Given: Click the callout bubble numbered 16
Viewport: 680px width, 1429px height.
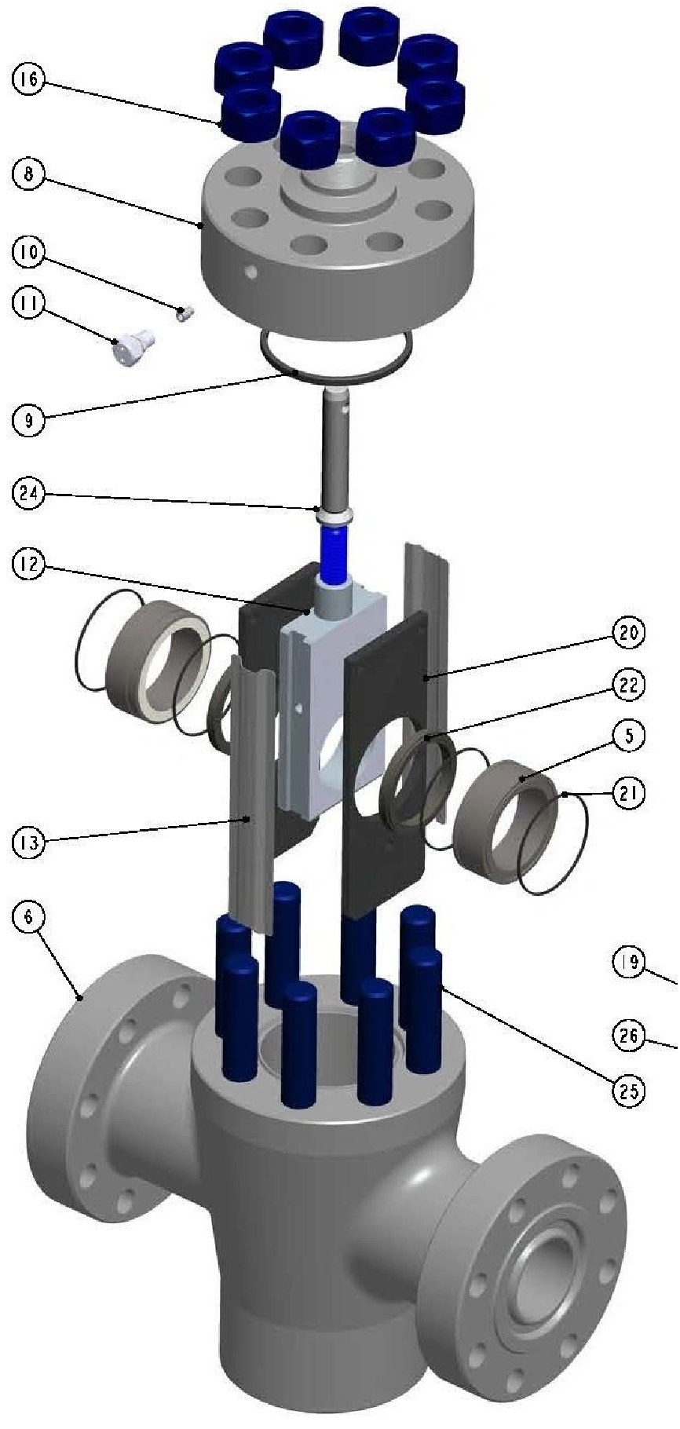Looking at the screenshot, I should pyautogui.click(x=29, y=79).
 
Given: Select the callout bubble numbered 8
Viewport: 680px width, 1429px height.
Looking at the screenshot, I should pyautogui.click(x=29, y=174).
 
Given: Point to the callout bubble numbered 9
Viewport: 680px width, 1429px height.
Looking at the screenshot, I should pyautogui.click(x=29, y=420).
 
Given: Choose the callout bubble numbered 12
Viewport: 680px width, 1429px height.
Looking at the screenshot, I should pyautogui.click(x=29, y=566).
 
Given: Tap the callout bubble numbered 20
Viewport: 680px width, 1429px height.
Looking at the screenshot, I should pyautogui.click(x=628, y=633).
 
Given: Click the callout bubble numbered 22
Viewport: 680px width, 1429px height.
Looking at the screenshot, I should pyautogui.click(x=628, y=685).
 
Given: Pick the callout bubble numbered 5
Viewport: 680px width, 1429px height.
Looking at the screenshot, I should pyautogui.click(x=628, y=736).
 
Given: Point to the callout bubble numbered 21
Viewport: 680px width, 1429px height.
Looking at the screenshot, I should pyautogui.click(x=628, y=793).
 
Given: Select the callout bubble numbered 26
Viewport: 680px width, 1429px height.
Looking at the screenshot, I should pyautogui.click(x=628, y=1036).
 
